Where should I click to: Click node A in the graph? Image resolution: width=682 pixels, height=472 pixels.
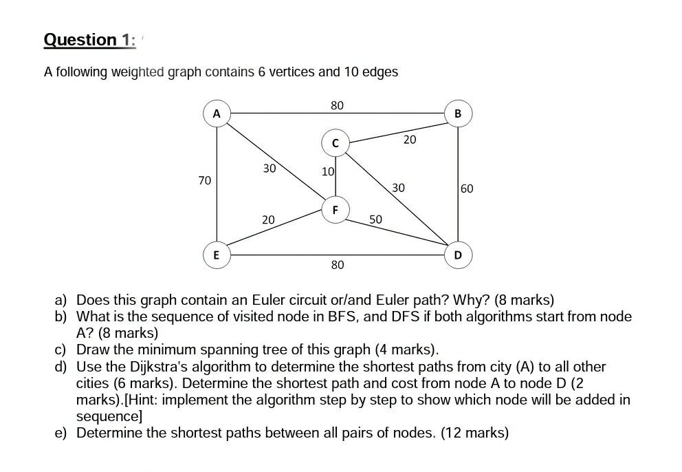click(x=217, y=114)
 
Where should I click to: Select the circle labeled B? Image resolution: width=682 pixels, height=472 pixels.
click(x=459, y=114)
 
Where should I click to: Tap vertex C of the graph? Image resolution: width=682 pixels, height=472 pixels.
click(x=335, y=143)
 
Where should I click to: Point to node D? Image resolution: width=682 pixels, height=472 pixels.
click(x=459, y=255)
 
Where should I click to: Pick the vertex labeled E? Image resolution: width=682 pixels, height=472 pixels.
click(x=217, y=255)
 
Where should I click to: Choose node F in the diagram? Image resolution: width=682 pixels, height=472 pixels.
click(x=335, y=209)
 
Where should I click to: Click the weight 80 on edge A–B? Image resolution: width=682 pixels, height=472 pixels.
click(x=337, y=105)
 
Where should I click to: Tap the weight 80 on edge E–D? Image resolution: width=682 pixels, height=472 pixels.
click(x=338, y=265)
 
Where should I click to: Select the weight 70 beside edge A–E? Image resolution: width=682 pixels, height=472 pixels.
click(x=204, y=180)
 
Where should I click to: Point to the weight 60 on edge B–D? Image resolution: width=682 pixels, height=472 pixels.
click(x=467, y=189)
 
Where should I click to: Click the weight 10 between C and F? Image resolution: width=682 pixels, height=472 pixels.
click(x=327, y=171)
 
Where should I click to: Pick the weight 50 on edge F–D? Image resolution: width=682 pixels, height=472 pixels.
click(x=375, y=219)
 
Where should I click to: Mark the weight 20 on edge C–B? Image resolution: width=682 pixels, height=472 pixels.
click(x=410, y=140)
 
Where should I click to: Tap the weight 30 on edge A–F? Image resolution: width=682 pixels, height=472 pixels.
click(x=269, y=168)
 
